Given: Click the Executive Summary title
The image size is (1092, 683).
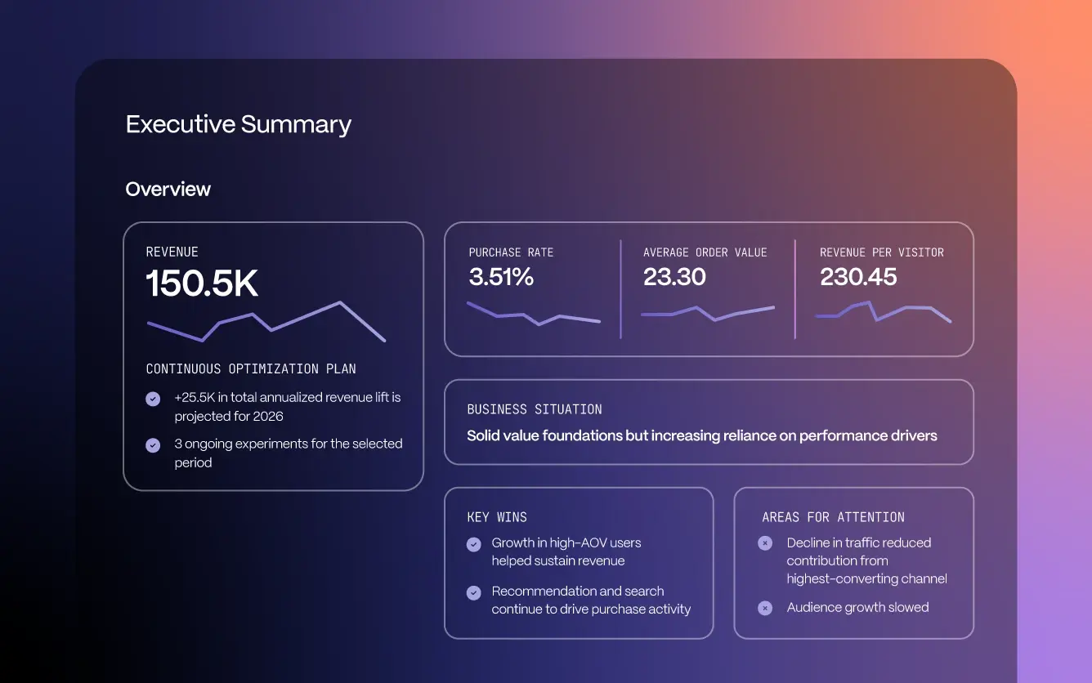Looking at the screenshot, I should pos(238,124).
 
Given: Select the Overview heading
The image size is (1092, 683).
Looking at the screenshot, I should pos(168,189).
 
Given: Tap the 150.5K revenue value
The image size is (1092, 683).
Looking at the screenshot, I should pos(202,283).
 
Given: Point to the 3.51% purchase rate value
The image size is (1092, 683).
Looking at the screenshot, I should pos(501,277).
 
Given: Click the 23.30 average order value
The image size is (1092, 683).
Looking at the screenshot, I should pos(674,277).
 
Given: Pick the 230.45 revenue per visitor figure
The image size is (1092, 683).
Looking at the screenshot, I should pos(858,277).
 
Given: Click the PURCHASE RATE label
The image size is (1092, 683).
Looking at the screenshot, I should pos(511,252).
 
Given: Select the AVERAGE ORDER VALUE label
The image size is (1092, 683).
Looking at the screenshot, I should pos(705,252).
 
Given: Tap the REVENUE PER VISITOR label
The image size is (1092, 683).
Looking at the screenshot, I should pos(881,252).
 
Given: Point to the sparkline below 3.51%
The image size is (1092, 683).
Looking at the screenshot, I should pos(533,314).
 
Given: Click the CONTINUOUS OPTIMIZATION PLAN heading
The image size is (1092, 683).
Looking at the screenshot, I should pos(251,368).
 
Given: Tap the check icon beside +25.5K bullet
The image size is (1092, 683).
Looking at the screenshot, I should pos(153,399).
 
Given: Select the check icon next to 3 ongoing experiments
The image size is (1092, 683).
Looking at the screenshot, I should pos(153,445).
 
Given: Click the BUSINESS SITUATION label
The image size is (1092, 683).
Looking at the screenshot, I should pos(535,409).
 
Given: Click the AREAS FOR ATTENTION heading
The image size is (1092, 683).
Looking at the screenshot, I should pos(833,517).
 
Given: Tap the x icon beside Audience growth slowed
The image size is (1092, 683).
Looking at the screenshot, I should pos(765,608).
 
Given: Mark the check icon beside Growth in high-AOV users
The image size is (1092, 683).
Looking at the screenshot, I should pos(473,544).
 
